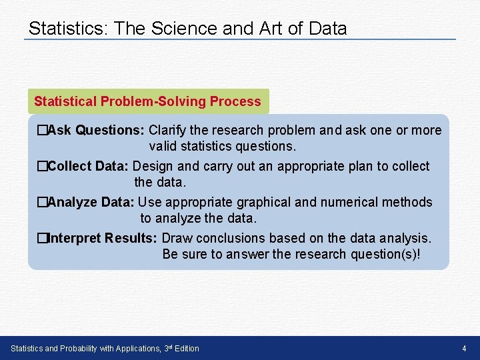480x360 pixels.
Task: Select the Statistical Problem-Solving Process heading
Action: (x=147, y=101)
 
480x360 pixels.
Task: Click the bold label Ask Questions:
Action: (x=97, y=130)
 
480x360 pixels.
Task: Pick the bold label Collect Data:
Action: (x=89, y=166)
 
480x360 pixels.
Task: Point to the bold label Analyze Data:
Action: (x=91, y=202)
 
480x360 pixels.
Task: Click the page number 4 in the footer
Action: (x=464, y=349)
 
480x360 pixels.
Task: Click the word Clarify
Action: (x=169, y=130)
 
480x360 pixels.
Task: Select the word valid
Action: (x=163, y=146)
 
